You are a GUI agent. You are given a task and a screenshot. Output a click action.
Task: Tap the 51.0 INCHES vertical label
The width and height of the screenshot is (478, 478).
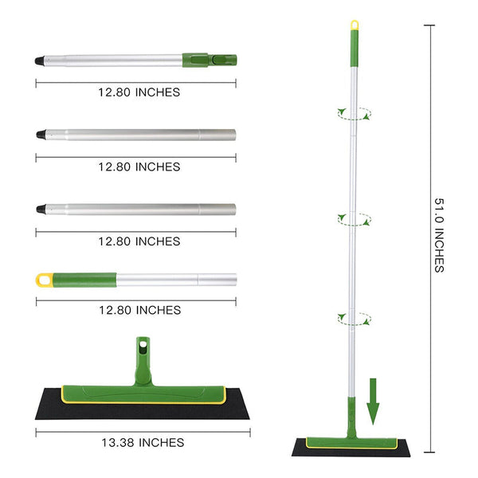(x=439, y=235)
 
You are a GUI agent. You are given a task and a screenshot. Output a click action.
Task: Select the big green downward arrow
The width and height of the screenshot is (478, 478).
(x=372, y=402)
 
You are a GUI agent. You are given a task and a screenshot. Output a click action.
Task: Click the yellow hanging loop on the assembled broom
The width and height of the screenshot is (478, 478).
(x=355, y=26)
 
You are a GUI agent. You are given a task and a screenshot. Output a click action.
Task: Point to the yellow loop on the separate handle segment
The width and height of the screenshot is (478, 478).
(x=45, y=280)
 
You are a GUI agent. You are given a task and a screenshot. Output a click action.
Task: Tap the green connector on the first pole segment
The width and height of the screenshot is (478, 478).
(x=210, y=59)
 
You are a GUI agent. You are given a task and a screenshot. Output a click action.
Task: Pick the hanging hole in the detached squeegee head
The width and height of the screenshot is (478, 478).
(x=143, y=344)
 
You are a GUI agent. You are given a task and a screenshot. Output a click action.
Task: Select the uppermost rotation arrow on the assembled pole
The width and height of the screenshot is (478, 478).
(x=354, y=114)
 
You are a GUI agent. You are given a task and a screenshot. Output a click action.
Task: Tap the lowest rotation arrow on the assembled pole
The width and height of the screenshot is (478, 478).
(x=354, y=318)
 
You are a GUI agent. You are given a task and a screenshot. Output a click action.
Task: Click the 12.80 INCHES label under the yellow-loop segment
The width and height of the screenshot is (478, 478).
(x=139, y=310)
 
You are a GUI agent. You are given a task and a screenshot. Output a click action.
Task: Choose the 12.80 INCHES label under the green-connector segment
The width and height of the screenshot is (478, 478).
(x=139, y=92)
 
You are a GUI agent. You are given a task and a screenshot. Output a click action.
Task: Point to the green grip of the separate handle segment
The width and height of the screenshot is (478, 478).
(x=84, y=280)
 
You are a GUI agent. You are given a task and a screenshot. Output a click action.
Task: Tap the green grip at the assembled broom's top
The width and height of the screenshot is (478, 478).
(x=354, y=49)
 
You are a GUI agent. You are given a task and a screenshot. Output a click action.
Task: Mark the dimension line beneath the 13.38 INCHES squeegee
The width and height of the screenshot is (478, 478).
(x=135, y=431)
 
